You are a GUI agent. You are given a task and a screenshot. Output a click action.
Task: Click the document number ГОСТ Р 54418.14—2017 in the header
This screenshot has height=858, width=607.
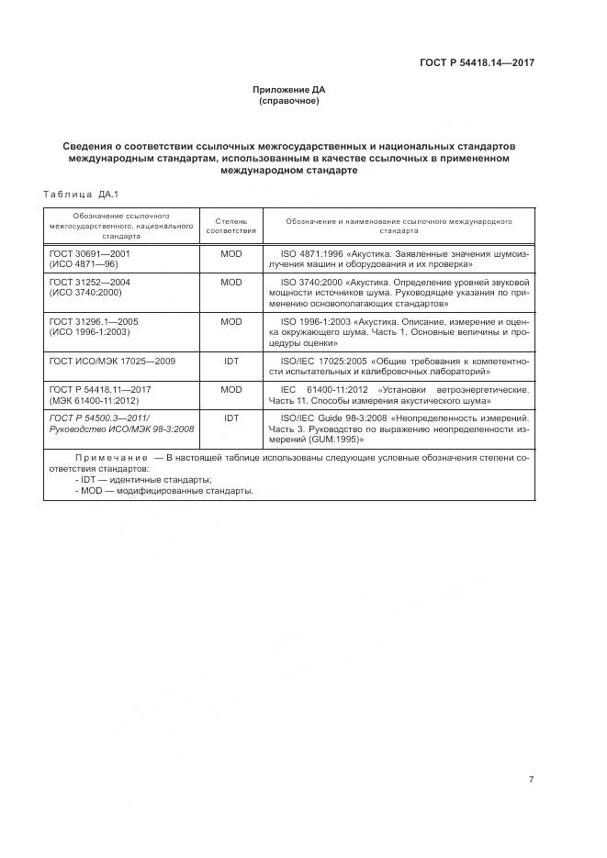[x=477, y=63]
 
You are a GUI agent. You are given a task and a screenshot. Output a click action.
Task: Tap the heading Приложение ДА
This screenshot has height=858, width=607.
[x=289, y=90]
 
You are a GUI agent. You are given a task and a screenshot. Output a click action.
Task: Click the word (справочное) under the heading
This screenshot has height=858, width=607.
[x=289, y=101]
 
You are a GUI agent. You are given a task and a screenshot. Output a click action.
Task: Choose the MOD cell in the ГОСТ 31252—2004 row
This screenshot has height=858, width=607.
[x=230, y=283]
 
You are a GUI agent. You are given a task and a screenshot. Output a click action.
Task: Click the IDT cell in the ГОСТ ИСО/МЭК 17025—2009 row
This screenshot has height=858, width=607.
[x=230, y=362]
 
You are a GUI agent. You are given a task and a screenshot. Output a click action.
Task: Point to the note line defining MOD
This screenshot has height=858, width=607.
[x=163, y=491]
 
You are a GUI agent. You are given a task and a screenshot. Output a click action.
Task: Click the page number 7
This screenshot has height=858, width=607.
[x=531, y=779]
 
